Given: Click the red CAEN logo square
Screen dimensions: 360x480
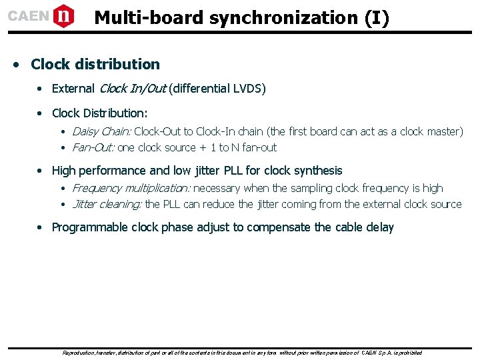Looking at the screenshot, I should point(63,15).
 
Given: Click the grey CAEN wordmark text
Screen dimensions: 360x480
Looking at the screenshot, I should point(28,16).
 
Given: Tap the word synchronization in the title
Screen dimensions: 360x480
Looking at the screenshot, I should point(286,18).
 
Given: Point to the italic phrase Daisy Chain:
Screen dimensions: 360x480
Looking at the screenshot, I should point(101,131).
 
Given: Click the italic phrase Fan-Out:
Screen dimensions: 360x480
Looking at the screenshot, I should point(93,147).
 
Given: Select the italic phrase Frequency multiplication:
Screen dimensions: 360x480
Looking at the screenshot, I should point(131,188).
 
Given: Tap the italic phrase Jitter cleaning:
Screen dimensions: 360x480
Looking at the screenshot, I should point(107,204).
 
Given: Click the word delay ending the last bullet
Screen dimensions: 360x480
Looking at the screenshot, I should point(380,227).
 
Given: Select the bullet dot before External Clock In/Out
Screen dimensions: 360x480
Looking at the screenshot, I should point(41,89).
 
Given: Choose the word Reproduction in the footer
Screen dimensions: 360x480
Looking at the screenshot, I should point(79,352).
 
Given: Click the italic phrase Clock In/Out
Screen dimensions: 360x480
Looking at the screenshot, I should point(132,89).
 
